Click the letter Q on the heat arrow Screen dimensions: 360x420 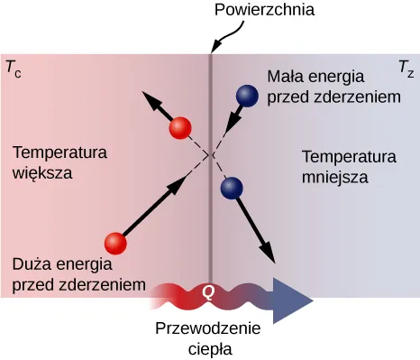pyautogui.click(x=209, y=292)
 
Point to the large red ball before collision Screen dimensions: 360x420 pyautogui.click(x=114, y=243)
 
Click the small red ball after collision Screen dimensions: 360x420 pyautogui.click(x=180, y=128)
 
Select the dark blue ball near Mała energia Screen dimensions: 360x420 pyautogui.click(x=245, y=95)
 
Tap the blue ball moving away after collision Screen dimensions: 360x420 pyautogui.click(x=233, y=188)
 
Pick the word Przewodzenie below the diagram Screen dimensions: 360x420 pyautogui.click(x=210, y=328)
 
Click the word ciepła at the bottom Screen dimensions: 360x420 pyautogui.click(x=210, y=348)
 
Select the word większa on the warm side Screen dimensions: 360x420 pyautogui.click(x=42, y=171)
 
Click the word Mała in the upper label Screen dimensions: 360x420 pyautogui.click(x=284, y=77)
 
